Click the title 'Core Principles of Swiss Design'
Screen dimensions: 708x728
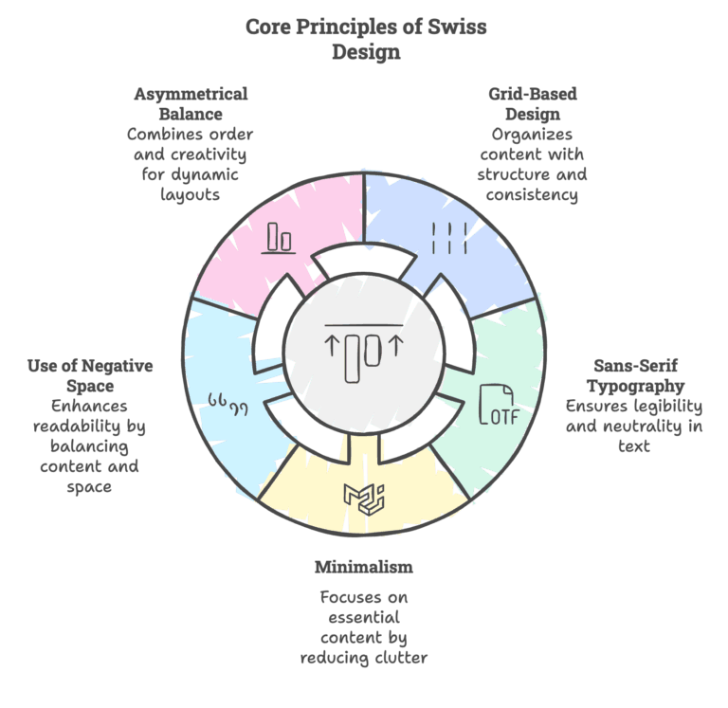click(365, 39)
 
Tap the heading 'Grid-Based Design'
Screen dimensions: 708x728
click(532, 103)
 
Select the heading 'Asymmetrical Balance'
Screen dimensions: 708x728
click(191, 103)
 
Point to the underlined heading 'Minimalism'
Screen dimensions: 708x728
click(364, 567)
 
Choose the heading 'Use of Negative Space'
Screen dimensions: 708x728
click(89, 375)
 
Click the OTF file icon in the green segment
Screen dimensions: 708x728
click(500, 405)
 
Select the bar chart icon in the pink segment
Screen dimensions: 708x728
click(279, 237)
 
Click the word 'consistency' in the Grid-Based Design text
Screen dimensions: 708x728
click(532, 194)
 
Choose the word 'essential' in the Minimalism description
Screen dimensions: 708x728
click(363, 617)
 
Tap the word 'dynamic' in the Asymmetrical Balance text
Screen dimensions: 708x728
click(208, 174)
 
